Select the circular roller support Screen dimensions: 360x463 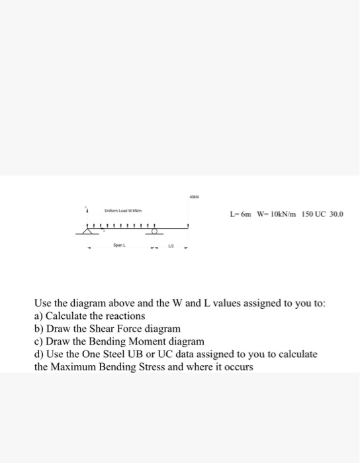pyautogui.click(x=156, y=232)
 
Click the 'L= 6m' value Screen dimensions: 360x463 pyautogui.click(x=239, y=214)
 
